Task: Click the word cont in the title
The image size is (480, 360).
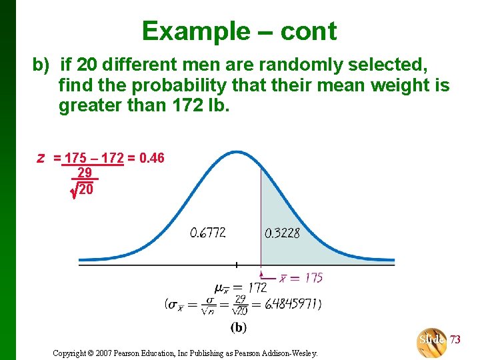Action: pos(309,31)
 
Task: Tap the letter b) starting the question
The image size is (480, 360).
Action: pos(41,65)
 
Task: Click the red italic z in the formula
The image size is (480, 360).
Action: pos(41,158)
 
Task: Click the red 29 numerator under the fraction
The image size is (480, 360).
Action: pos(85,173)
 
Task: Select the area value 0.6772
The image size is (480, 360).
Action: pos(207,233)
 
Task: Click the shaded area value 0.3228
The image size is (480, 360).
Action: pos(282,233)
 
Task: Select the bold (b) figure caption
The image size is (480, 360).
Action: pos(238,327)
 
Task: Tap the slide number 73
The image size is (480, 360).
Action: pos(455,339)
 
